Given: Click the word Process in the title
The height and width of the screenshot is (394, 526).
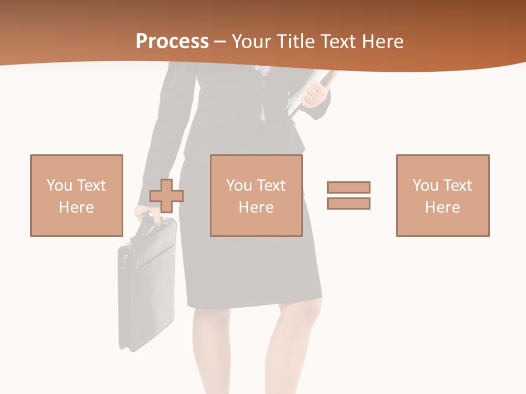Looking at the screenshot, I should pos(172,42).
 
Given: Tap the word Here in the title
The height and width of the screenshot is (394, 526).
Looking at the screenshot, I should pos(382,42).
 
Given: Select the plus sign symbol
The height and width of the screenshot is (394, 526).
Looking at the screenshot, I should pos(167,195).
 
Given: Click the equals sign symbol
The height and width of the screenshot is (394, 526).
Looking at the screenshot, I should pos(348,195).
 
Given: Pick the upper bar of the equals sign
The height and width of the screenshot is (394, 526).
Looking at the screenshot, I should pos(348,188).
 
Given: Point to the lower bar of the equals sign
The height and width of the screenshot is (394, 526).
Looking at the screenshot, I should pos(348,203).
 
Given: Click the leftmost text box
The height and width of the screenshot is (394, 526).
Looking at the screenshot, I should pos(77,195).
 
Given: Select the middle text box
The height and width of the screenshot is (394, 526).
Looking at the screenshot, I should pos(256,195).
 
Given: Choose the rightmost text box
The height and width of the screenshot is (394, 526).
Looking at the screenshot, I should pos(443,195).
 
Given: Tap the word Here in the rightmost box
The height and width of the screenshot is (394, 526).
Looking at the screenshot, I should pos(443,207).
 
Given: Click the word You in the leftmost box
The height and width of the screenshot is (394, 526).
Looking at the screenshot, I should pos(59,186).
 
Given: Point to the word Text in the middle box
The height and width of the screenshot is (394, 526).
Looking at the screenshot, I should pos(271,186).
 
